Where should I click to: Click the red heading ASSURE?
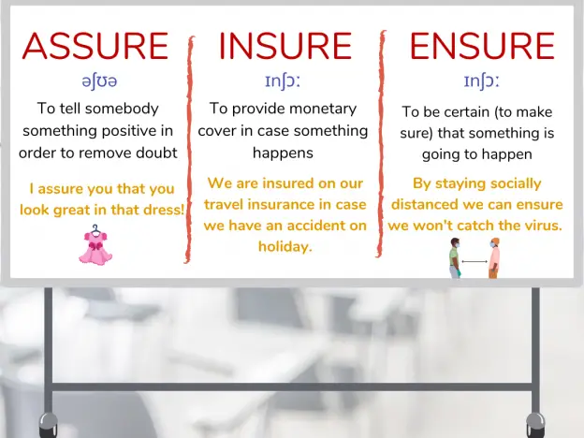(x=95, y=46)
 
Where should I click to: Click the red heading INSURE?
(x=285, y=46)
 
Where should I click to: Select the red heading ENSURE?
(x=482, y=46)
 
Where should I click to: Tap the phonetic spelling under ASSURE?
(x=99, y=81)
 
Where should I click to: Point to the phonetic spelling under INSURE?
(x=283, y=81)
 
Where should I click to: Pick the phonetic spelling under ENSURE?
(x=481, y=81)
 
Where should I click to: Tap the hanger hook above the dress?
(x=95, y=228)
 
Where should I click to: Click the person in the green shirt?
(x=455, y=258)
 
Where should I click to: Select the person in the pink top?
(x=494, y=258)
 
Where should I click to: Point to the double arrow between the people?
(x=474, y=261)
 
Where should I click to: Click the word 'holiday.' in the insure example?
(x=285, y=246)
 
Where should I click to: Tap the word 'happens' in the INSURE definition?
(x=283, y=153)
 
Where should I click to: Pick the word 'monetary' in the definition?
(x=323, y=109)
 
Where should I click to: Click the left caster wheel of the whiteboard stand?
(x=49, y=425)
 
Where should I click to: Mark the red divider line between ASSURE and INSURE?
(x=189, y=149)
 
